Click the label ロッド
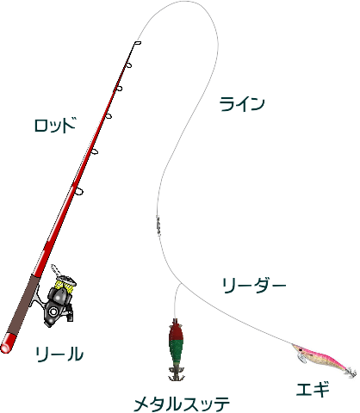(x=55, y=125)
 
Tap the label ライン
(x=242, y=104)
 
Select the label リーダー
(x=254, y=286)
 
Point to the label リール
(x=59, y=354)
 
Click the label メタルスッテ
(x=182, y=404)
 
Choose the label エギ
(x=313, y=389)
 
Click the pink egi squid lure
(x=323, y=359)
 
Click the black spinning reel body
(x=58, y=307)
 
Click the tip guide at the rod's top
(x=138, y=43)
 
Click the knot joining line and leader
(x=158, y=225)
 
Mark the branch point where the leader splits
(x=181, y=284)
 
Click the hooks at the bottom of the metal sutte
(x=176, y=373)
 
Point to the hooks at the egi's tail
(x=352, y=372)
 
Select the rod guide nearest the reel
(x=78, y=192)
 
